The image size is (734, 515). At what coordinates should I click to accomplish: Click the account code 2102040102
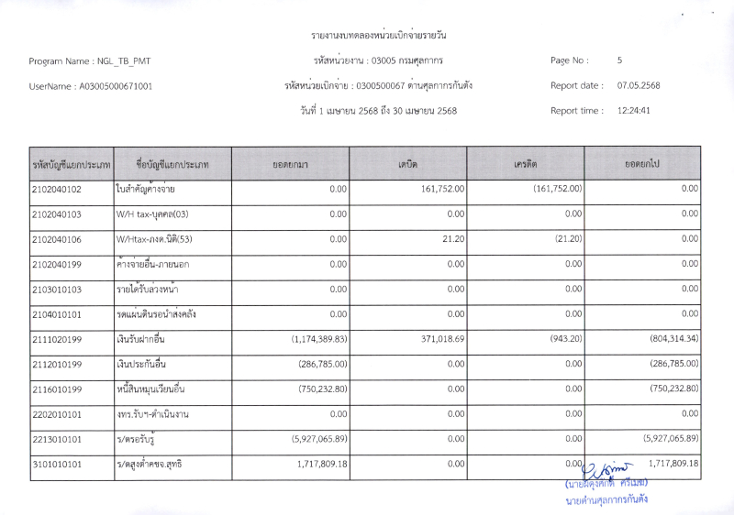(x=57, y=190)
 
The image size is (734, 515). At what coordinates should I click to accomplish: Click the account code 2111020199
(x=57, y=339)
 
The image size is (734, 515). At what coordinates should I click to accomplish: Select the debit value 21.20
(x=454, y=239)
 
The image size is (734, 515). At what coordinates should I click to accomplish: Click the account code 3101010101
(x=57, y=464)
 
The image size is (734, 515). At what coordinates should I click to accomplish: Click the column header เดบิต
(x=408, y=164)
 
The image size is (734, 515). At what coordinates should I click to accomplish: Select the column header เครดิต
(x=526, y=164)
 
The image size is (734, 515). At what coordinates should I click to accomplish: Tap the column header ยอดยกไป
(x=642, y=164)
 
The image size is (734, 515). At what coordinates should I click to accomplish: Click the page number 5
(x=620, y=60)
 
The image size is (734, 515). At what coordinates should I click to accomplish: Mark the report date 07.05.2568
(x=639, y=86)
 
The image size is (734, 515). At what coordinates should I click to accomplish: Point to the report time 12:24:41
(x=634, y=111)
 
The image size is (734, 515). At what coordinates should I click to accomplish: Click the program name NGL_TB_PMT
(x=125, y=61)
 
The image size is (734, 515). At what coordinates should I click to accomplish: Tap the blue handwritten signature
(x=602, y=466)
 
